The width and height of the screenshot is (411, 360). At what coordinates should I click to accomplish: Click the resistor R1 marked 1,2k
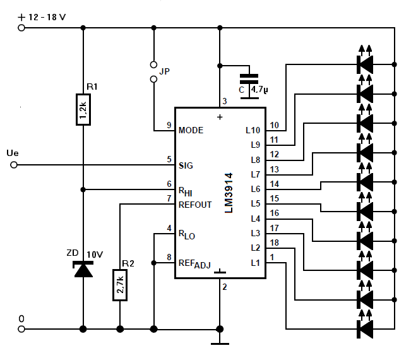[x=83, y=109]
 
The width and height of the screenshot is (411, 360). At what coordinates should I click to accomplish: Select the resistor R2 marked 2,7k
[x=120, y=285]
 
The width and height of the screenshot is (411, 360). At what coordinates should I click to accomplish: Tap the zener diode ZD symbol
[x=83, y=269]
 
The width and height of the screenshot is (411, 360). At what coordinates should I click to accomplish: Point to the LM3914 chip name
[x=229, y=193]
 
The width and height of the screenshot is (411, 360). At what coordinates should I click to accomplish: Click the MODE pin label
[x=191, y=130]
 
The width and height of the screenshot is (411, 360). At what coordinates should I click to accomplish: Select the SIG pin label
[x=186, y=165]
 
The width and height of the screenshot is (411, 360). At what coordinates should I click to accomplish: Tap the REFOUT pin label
[x=195, y=205]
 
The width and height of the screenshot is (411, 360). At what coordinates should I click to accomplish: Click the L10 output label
[x=253, y=130]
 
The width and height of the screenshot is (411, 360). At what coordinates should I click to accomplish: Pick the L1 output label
[x=255, y=263]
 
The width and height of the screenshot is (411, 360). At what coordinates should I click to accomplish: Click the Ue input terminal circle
[x=14, y=165]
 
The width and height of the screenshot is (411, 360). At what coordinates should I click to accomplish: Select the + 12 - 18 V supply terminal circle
[x=21, y=28]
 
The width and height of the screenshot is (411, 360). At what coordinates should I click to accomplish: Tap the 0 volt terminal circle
[x=21, y=329]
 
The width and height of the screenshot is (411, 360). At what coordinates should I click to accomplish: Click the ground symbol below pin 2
[x=220, y=344]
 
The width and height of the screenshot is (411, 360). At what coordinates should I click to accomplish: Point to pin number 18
[x=275, y=243]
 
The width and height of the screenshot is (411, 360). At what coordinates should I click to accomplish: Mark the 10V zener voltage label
[x=95, y=255]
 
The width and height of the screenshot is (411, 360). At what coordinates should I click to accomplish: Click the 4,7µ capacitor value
[x=259, y=90]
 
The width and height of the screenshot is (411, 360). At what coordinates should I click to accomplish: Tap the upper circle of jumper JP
[x=154, y=64]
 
